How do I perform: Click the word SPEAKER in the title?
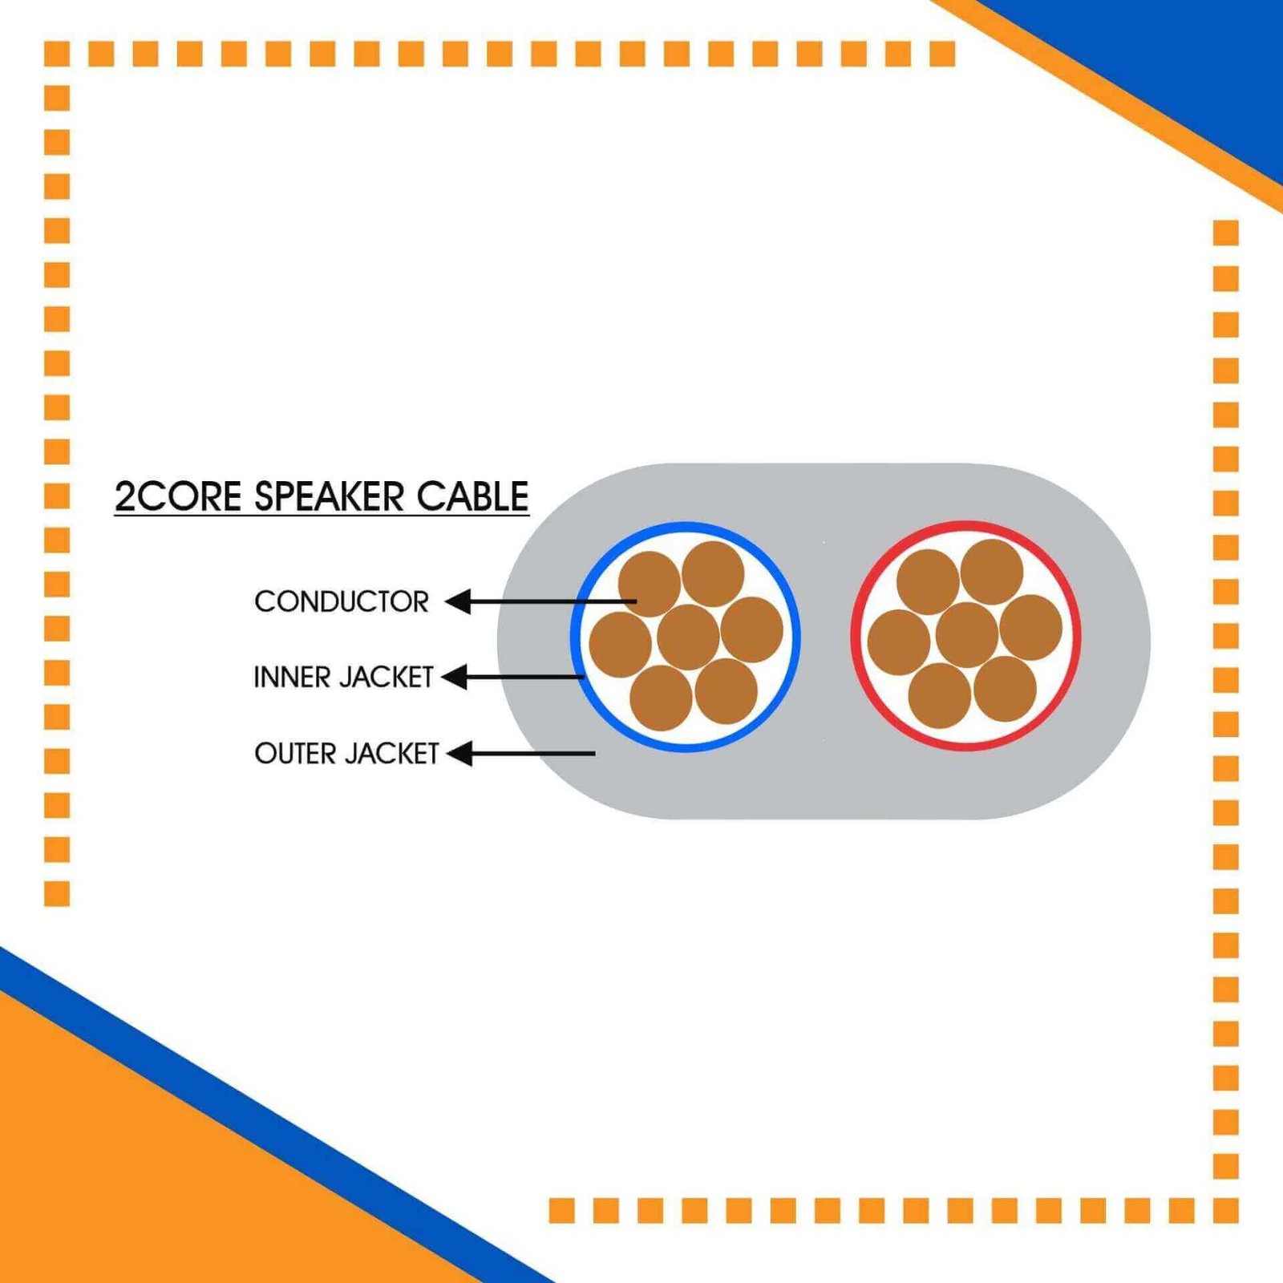(330, 496)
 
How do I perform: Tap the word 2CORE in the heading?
(178, 496)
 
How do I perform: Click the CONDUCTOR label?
(342, 601)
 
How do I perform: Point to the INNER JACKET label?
(343, 677)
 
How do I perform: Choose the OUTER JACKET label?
(346, 754)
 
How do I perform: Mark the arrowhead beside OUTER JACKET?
(459, 754)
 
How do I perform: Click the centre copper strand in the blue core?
(687, 637)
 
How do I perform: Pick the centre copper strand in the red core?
(966, 635)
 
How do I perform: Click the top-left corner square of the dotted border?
(57, 54)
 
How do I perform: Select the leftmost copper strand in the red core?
(898, 641)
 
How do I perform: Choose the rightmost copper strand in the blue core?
(751, 629)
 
